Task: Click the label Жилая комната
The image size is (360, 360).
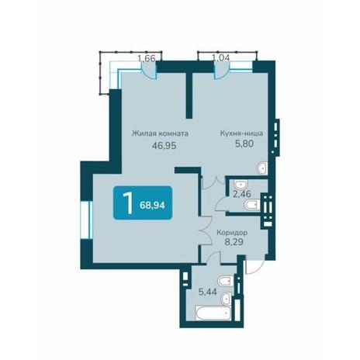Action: [160, 133]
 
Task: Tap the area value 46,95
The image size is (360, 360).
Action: [164, 146]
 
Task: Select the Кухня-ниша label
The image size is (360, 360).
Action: [241, 133]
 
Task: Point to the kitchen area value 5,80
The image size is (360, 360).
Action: [244, 144]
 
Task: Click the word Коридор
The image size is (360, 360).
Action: [232, 233]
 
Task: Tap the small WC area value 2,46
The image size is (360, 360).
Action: [242, 194]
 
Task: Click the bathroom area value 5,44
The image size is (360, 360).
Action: [207, 292]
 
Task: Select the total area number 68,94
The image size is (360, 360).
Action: [152, 206]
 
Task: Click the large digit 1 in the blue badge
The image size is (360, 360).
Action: [128, 203]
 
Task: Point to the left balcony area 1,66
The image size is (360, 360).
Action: [147, 58]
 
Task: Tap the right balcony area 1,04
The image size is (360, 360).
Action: [220, 57]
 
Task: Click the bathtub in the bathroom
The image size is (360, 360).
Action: [213, 313]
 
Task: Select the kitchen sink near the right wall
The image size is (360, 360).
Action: [262, 168]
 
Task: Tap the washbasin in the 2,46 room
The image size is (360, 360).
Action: [241, 184]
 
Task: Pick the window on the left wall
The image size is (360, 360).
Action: [86, 220]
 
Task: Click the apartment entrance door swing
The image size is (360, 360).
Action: [254, 264]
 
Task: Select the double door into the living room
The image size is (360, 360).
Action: [206, 230]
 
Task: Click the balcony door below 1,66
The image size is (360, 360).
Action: [149, 71]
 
